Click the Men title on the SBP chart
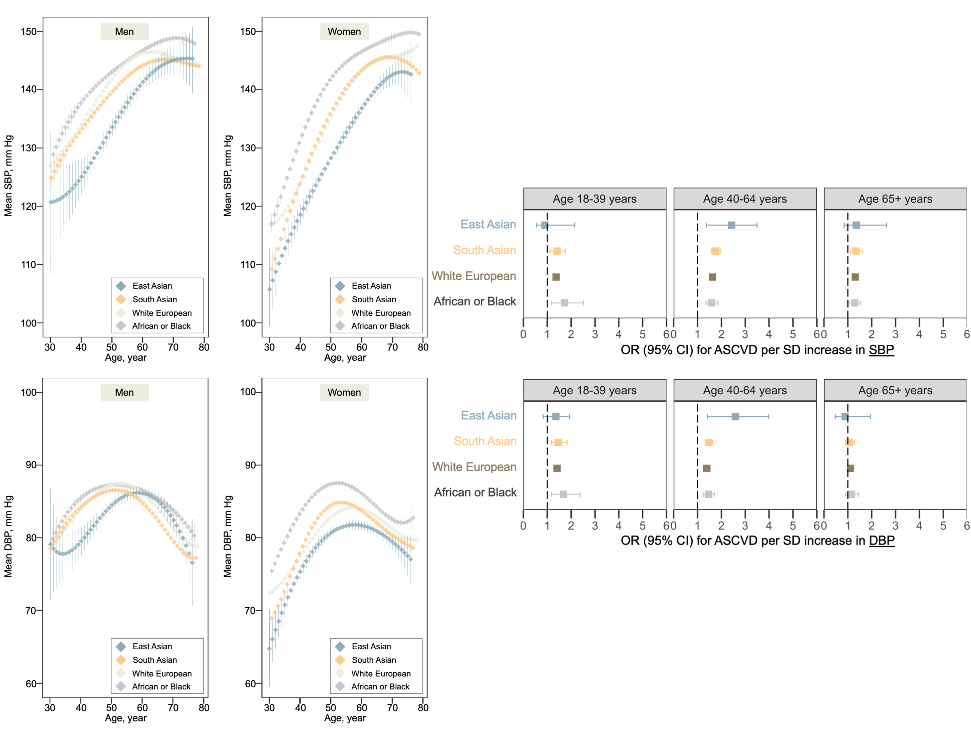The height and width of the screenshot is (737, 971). coord(124,32)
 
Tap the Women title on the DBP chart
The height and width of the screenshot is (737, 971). coord(344,392)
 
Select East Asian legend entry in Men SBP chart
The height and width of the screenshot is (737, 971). coord(152,286)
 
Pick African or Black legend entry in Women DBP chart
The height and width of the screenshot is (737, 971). coord(380,687)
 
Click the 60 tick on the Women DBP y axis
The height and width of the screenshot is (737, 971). coord(250,684)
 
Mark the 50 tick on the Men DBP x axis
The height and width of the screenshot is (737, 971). coord(111,708)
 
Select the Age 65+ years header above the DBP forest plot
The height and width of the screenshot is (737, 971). coord(895,390)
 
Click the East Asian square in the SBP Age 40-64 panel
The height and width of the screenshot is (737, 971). coord(731,225)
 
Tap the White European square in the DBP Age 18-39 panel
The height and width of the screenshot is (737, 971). coord(557,468)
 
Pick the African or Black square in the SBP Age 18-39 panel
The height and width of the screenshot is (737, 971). coord(564,303)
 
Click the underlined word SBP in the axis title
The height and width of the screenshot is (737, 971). coord(881,350)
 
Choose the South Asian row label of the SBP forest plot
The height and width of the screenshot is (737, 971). coord(484,250)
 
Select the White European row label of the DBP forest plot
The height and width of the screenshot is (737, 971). coord(474,467)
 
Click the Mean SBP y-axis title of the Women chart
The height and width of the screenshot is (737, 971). coord(228,175)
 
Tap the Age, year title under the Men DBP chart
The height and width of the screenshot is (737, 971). coord(126,718)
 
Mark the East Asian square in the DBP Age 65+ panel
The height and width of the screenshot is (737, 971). coord(844,417)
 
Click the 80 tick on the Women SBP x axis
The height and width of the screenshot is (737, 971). coord(423,347)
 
